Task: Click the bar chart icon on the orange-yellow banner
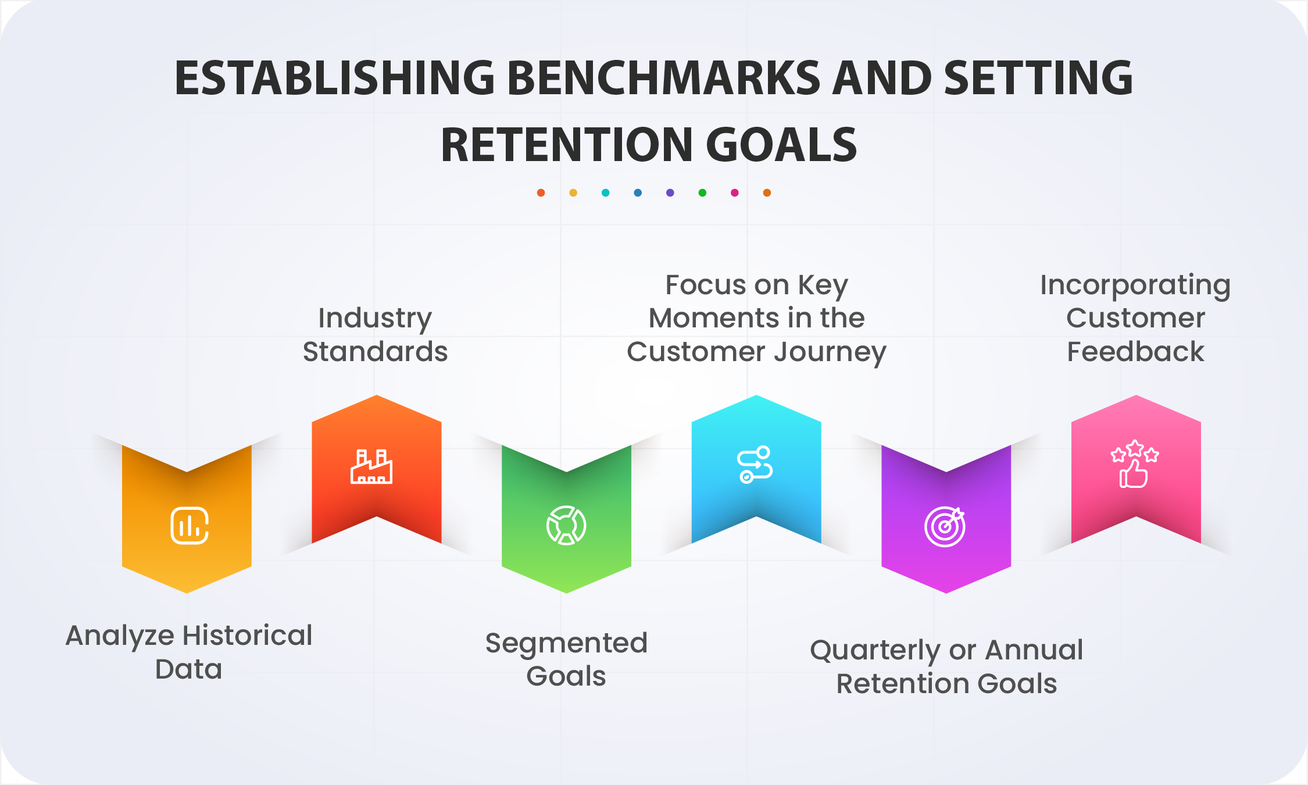(x=190, y=526)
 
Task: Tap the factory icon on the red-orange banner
(x=371, y=466)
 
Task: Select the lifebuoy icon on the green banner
(x=566, y=526)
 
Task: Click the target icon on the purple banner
(x=945, y=527)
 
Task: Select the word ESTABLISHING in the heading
(x=335, y=78)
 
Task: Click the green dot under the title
(x=702, y=193)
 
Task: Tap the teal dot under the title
(x=605, y=193)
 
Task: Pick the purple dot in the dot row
(x=670, y=193)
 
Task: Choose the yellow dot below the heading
(x=573, y=193)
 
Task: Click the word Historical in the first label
(x=249, y=635)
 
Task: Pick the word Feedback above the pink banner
(x=1135, y=352)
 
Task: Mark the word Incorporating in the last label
(x=1135, y=286)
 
